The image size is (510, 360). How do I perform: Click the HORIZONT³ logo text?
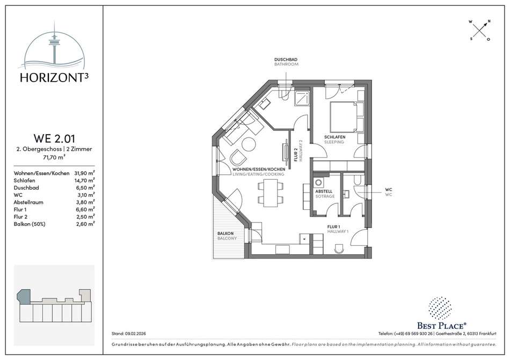click(x=54, y=77)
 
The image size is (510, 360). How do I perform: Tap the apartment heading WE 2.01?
click(x=54, y=138)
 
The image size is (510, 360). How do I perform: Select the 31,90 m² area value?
click(x=85, y=173)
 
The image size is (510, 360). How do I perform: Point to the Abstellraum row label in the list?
click(x=28, y=202)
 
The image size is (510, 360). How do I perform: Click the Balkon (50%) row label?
click(x=30, y=224)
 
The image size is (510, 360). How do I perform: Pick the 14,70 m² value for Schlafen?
click(x=85, y=180)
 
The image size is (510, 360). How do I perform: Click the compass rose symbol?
click(x=480, y=31)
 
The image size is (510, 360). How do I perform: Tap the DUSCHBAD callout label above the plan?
click(x=286, y=60)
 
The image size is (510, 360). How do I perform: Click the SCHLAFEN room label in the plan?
click(x=334, y=137)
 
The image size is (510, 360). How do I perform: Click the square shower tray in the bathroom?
click(x=302, y=98)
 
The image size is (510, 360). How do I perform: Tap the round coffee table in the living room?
click(x=249, y=144)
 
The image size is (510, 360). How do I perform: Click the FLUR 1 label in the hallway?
click(x=334, y=227)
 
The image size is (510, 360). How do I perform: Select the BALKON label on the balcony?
click(x=225, y=233)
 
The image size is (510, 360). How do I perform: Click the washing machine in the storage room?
click(x=319, y=182)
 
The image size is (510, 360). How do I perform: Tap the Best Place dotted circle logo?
click(x=440, y=308)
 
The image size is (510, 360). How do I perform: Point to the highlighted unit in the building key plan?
click(x=24, y=296)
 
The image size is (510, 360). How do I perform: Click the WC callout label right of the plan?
click(x=388, y=189)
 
